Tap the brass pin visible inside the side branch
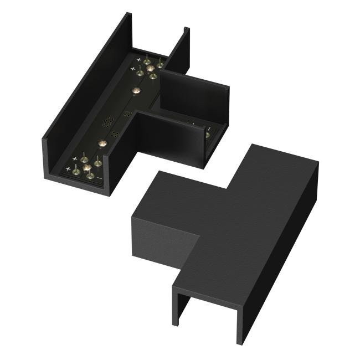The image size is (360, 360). click(x=207, y=135)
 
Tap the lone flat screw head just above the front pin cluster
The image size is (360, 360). click(x=102, y=143)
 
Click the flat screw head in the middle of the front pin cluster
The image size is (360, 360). click(x=86, y=167)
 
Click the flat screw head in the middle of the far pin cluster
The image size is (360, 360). click(x=150, y=68)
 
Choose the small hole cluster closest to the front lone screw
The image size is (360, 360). click(x=115, y=133)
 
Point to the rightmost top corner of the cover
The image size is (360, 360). click(x=318, y=162)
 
